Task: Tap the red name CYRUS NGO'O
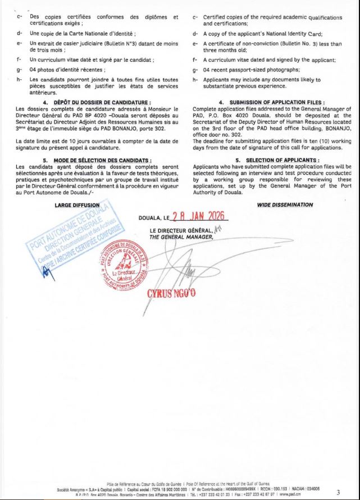(171, 293)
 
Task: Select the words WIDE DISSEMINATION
(285, 205)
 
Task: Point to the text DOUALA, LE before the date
(153, 218)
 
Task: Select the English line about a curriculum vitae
(269, 60)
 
